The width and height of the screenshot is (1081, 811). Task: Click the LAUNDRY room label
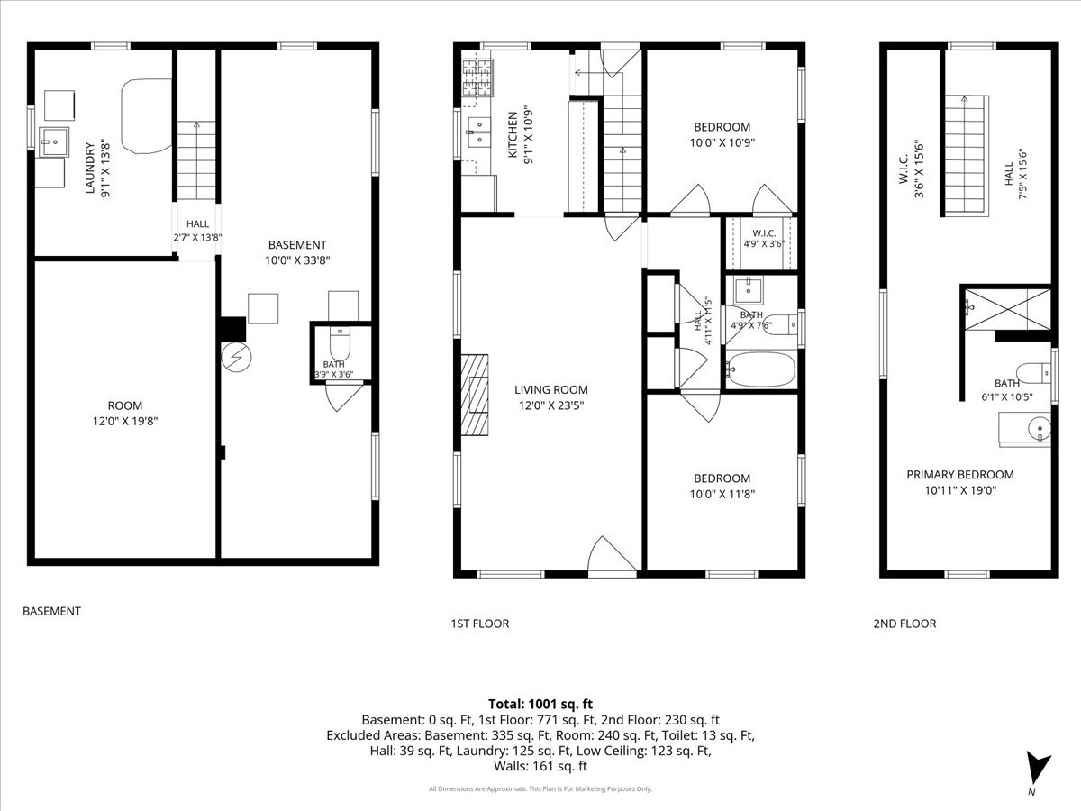pyautogui.click(x=89, y=168)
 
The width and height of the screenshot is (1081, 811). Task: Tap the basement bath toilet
pyautogui.click(x=340, y=343)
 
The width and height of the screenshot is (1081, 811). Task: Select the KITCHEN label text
pyautogui.click(x=513, y=134)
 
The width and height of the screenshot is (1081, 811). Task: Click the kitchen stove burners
pyautogui.click(x=477, y=77)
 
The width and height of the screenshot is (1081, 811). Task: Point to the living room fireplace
pyautogui.click(x=475, y=395)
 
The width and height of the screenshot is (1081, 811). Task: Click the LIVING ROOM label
pyautogui.click(x=551, y=390)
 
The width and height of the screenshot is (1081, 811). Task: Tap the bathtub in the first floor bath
pyautogui.click(x=761, y=369)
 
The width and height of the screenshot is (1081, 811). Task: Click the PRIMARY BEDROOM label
pyautogui.click(x=960, y=475)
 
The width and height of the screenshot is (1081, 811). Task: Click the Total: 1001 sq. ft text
pyautogui.click(x=540, y=704)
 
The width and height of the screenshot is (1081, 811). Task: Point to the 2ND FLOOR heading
pyautogui.click(x=904, y=624)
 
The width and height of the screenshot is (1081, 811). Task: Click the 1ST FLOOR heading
pyautogui.click(x=480, y=624)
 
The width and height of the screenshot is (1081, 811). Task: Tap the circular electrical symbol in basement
pyautogui.click(x=236, y=357)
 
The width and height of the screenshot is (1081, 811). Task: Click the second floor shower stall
pyautogui.click(x=1007, y=309)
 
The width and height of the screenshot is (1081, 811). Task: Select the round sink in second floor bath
pyautogui.click(x=1040, y=429)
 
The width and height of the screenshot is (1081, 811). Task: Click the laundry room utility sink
pyautogui.click(x=54, y=141)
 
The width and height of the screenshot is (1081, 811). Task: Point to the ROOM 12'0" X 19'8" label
pyautogui.click(x=125, y=414)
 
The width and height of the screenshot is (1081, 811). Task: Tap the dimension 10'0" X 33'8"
pyautogui.click(x=297, y=260)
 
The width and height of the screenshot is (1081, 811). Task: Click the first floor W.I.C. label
pyautogui.click(x=764, y=233)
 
